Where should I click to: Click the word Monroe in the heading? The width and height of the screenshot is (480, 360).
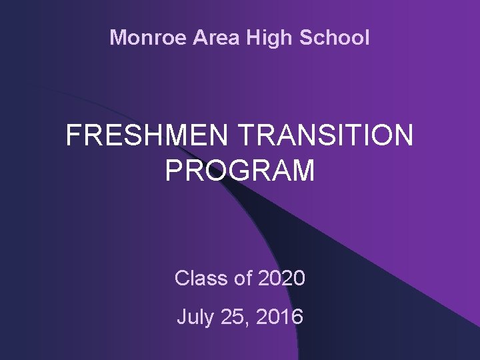149,37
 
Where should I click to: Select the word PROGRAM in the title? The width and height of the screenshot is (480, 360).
239,171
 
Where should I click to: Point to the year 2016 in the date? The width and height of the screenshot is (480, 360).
281,317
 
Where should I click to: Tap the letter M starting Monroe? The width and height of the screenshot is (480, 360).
118,37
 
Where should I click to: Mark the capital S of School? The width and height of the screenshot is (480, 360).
307,37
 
